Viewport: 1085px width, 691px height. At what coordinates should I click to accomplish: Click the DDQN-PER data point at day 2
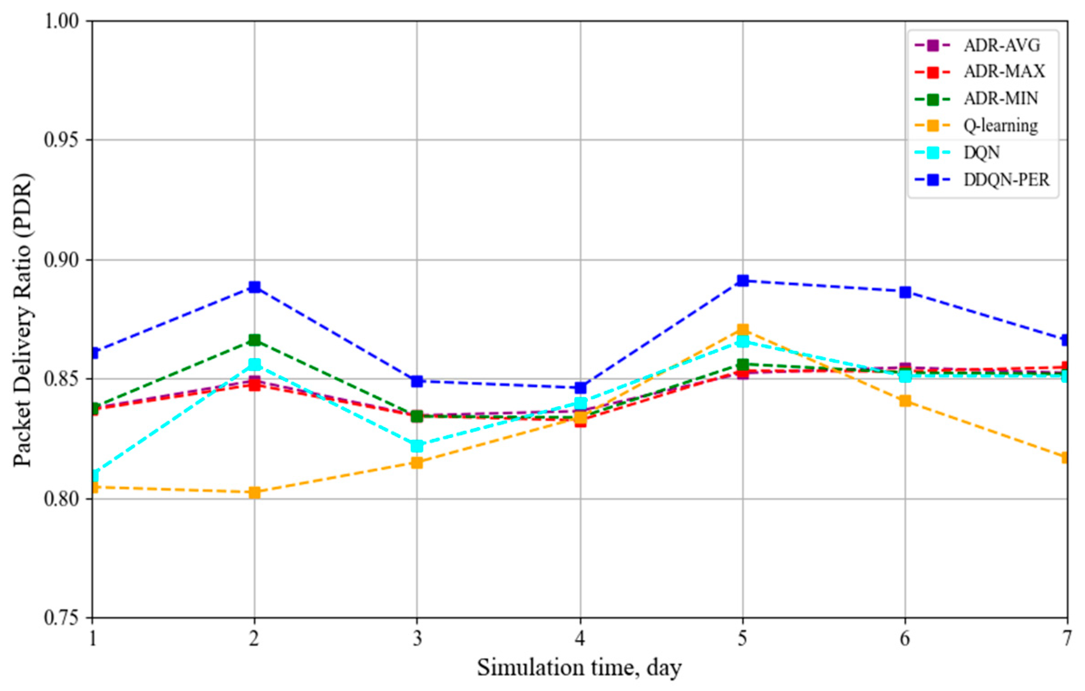pyautogui.click(x=254, y=287)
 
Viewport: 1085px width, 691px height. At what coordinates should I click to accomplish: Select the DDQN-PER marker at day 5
pyautogui.click(x=742, y=280)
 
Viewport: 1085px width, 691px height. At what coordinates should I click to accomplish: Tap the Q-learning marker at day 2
pyautogui.click(x=254, y=492)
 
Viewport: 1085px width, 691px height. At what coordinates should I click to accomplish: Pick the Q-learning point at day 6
pyautogui.click(x=905, y=401)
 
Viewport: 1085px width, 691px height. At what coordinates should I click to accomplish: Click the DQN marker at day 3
pyautogui.click(x=417, y=446)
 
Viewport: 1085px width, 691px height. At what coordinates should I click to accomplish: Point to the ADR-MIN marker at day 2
pyautogui.click(x=254, y=340)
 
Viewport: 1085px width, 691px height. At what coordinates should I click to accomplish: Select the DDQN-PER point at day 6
pyautogui.click(x=905, y=292)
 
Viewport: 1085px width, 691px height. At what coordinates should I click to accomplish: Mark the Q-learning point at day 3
pyautogui.click(x=417, y=462)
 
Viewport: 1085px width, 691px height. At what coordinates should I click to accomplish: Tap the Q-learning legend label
pyautogui.click(x=1000, y=126)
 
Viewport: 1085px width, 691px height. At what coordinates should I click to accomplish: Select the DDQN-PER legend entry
pyautogui.click(x=1006, y=180)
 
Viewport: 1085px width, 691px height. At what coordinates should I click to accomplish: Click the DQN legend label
pyautogui.click(x=981, y=153)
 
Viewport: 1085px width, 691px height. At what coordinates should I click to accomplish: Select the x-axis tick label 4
pyautogui.click(x=580, y=638)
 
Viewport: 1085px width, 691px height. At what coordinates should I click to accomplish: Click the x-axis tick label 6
pyautogui.click(x=905, y=638)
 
